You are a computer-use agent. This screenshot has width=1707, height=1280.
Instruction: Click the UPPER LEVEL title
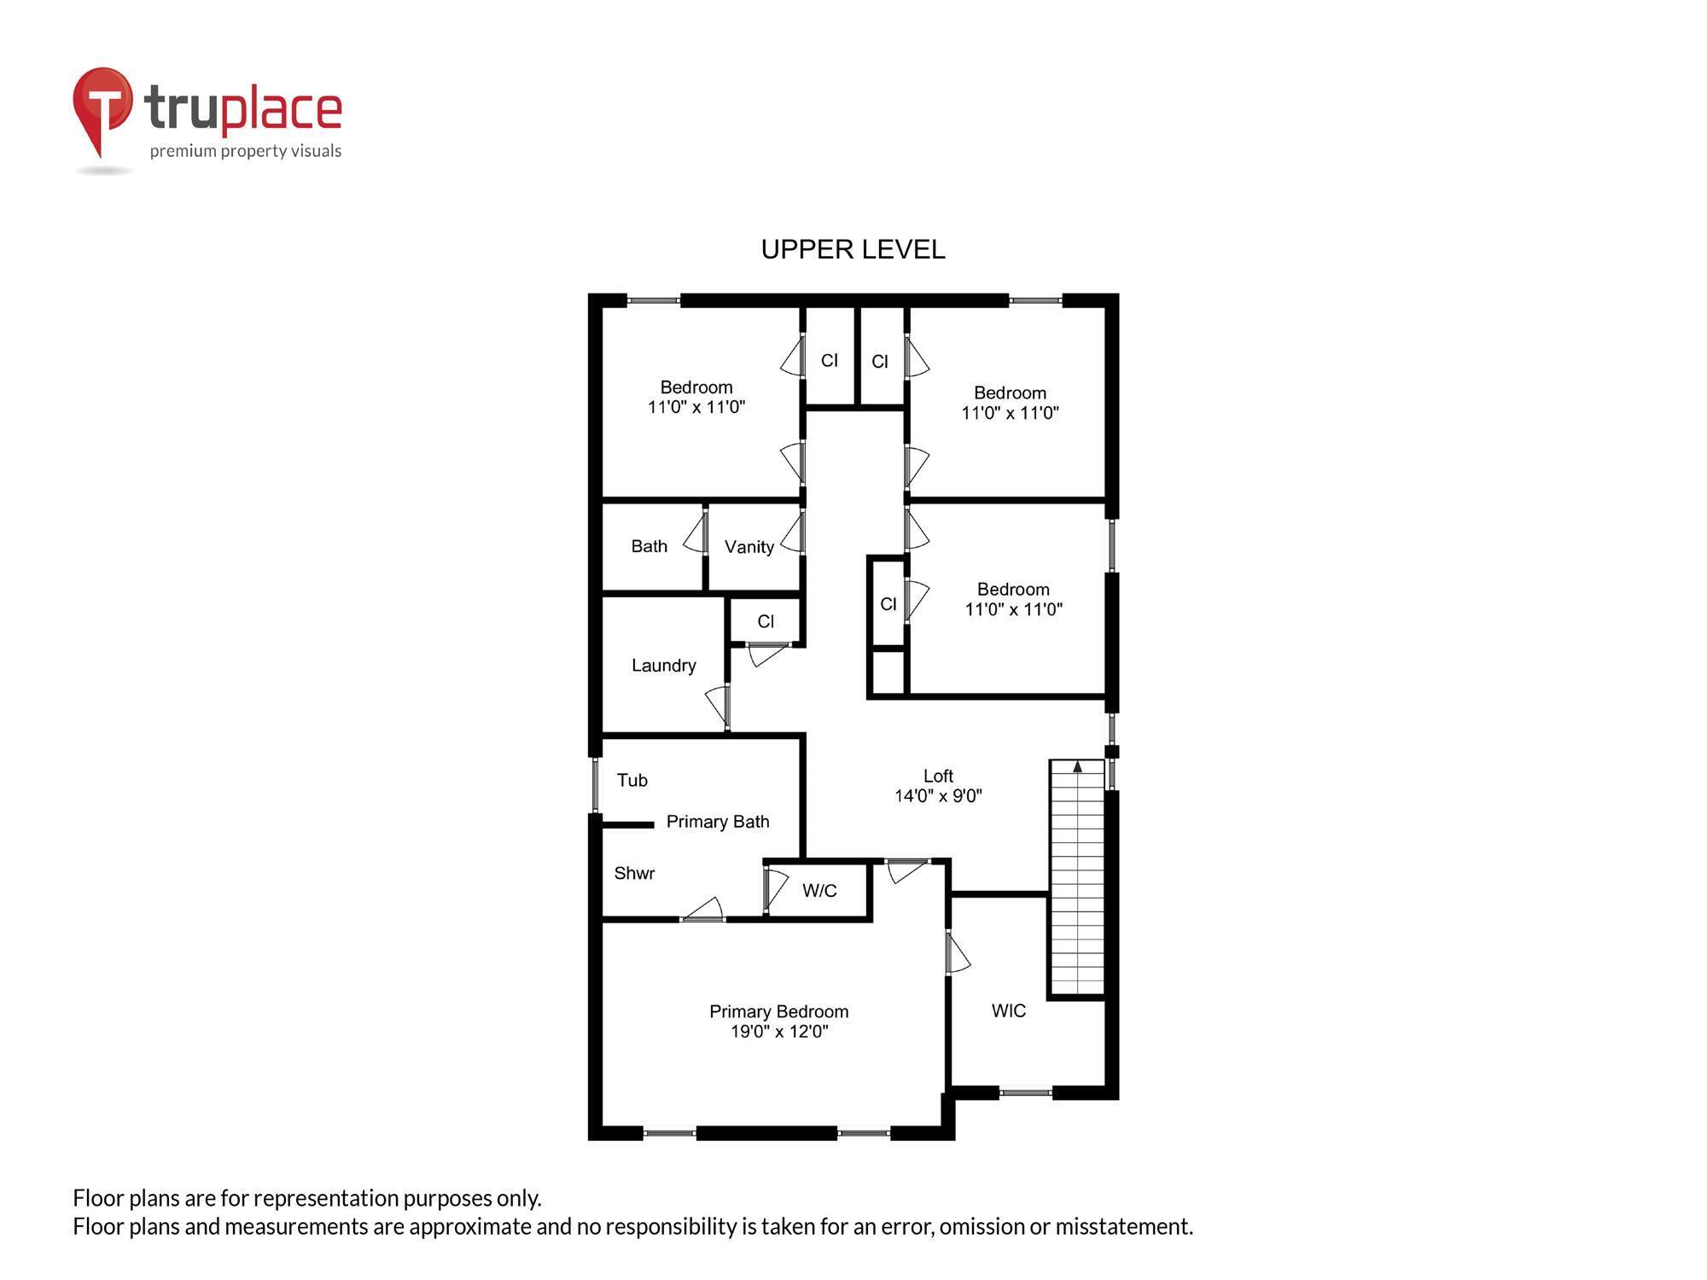[853, 249]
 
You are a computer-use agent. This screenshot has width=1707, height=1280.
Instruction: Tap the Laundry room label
[663, 666]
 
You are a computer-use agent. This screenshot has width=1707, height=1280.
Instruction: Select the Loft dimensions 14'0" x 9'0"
[938, 796]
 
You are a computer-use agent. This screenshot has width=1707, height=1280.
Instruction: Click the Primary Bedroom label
[778, 1011]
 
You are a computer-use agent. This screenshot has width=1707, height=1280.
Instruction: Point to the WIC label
[1008, 1011]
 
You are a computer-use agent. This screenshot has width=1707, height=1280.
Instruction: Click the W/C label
[819, 891]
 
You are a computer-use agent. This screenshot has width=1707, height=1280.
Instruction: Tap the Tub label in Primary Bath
[632, 780]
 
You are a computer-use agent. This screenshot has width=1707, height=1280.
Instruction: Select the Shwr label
[634, 873]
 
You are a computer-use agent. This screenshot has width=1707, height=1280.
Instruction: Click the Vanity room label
[749, 547]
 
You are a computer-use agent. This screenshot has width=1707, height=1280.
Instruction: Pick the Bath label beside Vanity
[649, 546]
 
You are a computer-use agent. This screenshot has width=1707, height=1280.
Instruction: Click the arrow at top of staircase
[1077, 767]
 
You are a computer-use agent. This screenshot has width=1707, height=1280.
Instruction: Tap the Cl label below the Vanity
[766, 621]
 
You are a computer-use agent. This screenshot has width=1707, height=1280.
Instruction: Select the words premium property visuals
[246, 151]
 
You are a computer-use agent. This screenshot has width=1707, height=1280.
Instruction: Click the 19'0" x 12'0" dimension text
[778, 1032]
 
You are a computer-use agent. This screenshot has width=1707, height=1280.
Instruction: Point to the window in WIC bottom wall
[1025, 1091]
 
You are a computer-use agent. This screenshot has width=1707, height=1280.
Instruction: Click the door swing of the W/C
[776, 887]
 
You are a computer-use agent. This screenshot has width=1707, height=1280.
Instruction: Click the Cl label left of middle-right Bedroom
[888, 604]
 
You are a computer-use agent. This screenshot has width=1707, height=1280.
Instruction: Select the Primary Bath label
[717, 822]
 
